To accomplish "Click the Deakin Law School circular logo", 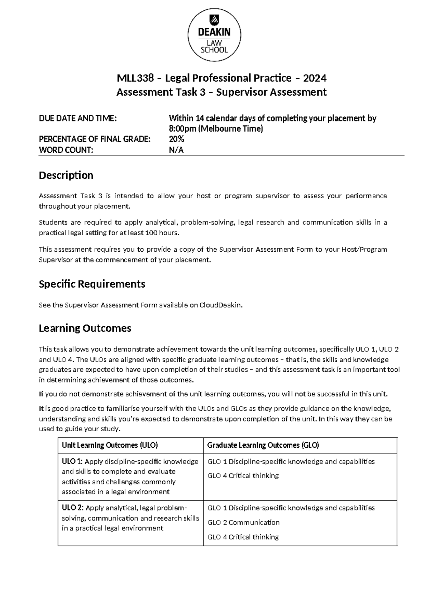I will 214,35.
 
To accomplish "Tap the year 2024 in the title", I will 314,78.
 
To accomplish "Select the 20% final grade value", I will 176,139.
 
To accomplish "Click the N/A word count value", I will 176,150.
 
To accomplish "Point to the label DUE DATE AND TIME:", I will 78,118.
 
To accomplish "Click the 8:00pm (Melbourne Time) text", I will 216,129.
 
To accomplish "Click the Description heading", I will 66,175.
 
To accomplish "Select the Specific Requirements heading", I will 92,284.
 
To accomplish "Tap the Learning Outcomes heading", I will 85,328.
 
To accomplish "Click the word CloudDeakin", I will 221,305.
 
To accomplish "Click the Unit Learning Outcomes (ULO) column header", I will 110,445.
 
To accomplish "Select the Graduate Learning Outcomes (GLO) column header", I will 263,445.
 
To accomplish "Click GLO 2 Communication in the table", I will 243,522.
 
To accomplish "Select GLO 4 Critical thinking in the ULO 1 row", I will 243,476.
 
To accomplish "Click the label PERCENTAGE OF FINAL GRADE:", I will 95,139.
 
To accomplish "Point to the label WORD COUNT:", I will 66,150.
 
